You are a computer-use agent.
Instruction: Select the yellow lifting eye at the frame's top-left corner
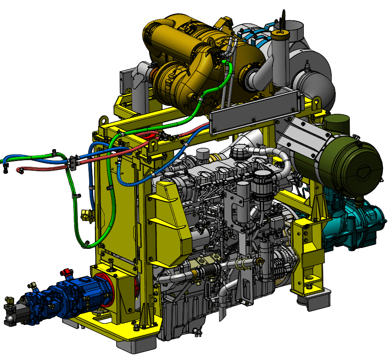[103, 120]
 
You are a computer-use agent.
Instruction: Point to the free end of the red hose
[19, 169]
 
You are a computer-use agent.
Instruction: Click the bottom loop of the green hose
[88, 243]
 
